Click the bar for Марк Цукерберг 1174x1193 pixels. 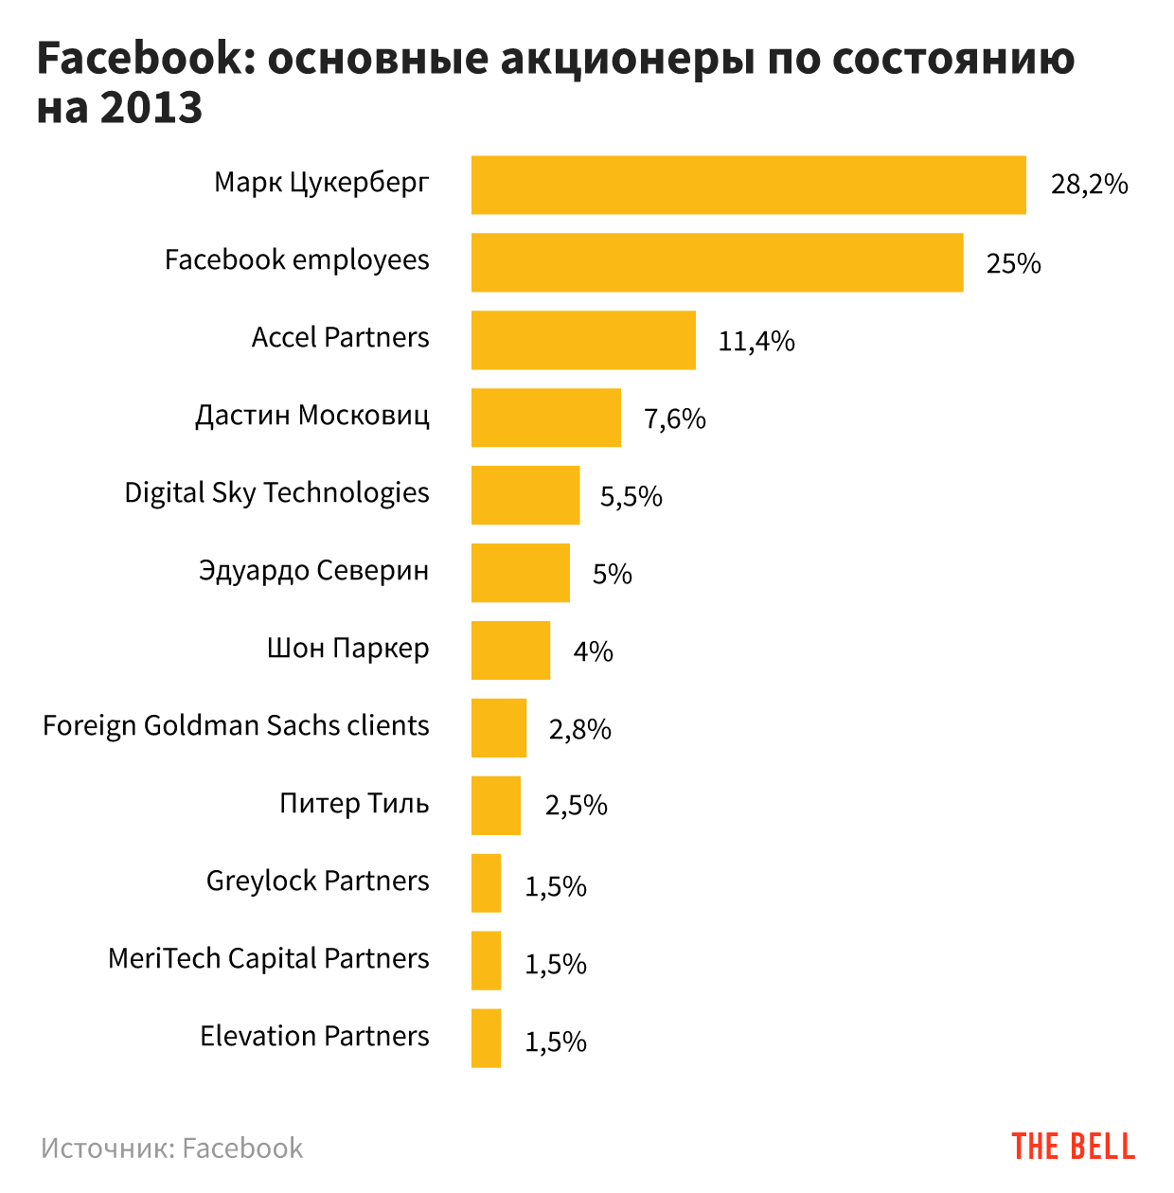[748, 185]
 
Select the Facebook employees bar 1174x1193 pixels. [717, 262]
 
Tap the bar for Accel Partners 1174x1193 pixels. [583, 340]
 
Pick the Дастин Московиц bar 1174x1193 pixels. [545, 418]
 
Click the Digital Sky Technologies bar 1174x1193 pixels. [525, 495]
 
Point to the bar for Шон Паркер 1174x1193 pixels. [510, 650]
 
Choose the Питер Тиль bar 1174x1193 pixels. [496, 806]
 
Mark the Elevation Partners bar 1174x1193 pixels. [486, 1039]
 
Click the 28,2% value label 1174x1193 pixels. [1089, 184]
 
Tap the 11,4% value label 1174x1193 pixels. [756, 341]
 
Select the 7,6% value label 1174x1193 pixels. [674, 418]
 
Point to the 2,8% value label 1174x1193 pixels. [579, 729]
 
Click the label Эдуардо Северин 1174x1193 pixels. [313, 571]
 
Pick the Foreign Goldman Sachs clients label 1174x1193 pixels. [236, 726]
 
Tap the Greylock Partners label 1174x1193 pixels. [317, 881]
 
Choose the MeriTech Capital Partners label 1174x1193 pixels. [268, 959]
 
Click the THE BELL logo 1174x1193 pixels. [1073, 1147]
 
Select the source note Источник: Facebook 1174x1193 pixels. [171, 1148]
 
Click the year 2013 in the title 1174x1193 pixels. [151, 108]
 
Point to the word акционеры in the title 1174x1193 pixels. [627, 59]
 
